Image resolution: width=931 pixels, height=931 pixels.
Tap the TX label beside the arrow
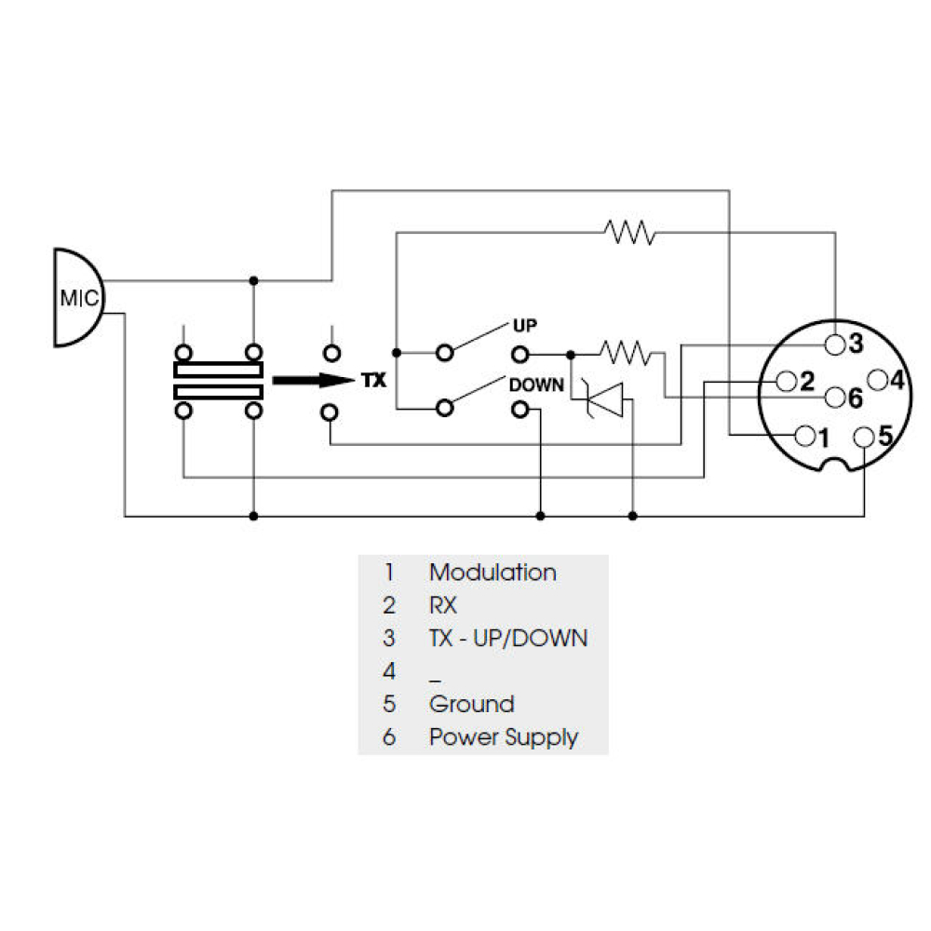coord(372,381)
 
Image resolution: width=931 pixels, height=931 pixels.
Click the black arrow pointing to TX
coord(308,381)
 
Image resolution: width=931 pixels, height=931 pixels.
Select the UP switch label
coord(525,326)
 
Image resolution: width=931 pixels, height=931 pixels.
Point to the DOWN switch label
coord(536,384)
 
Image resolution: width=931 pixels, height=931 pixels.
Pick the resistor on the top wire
coord(629,232)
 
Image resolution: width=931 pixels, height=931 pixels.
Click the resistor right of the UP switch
coord(626,352)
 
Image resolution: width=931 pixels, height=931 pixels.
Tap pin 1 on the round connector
coord(803,434)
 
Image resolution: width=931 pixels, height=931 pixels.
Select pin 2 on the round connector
coord(786,381)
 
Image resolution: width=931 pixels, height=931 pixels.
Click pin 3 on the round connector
coord(836,344)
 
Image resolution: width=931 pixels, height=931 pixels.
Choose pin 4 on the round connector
coord(875,380)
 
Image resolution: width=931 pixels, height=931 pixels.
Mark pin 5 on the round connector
coord(865,435)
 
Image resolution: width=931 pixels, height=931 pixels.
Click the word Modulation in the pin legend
coord(492,573)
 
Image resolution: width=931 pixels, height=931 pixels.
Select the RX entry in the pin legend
coord(443,605)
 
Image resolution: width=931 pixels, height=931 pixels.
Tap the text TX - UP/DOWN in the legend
coord(508,638)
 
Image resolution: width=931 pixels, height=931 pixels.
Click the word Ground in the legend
coord(471,704)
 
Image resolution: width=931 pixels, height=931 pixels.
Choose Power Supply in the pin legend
coord(503,737)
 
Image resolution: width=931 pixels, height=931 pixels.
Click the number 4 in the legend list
coord(389,671)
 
